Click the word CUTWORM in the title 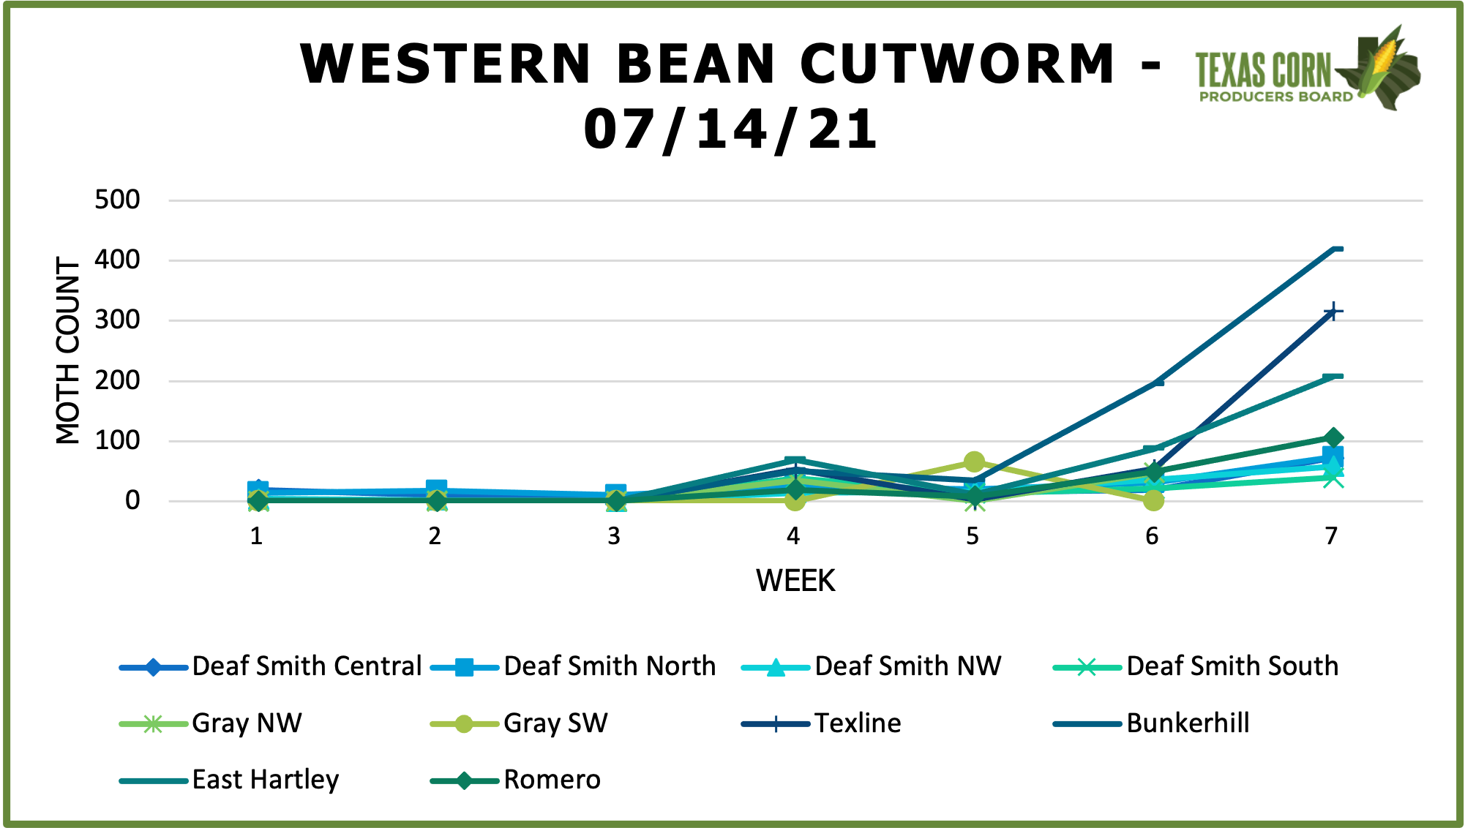coord(957,64)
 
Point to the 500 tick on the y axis coord(118,200)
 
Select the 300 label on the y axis coord(118,320)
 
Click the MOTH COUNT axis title coord(68,350)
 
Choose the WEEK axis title coord(795,581)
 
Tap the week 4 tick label coord(793,536)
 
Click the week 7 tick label coord(1331,536)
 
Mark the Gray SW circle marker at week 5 coord(974,462)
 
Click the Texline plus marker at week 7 coord(1333,312)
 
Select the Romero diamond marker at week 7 coord(1333,438)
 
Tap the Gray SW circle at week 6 coord(1153,500)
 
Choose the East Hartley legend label coord(266,780)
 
